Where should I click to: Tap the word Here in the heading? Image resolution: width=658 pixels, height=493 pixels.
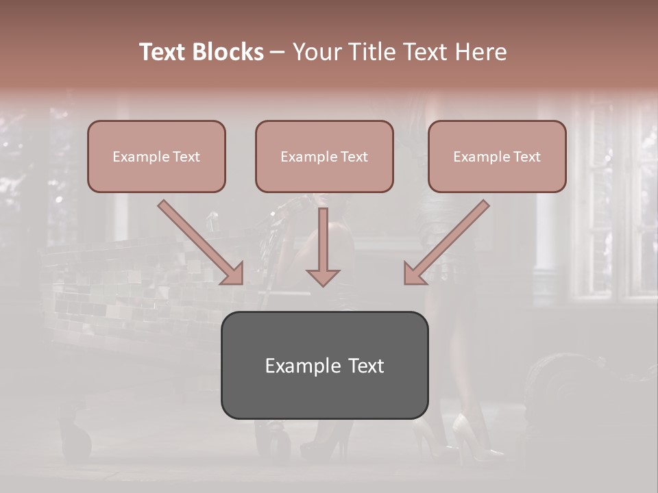(x=480, y=52)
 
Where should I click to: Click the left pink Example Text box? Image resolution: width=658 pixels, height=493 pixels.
(x=156, y=156)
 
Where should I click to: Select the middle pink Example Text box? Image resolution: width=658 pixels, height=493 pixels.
(x=324, y=156)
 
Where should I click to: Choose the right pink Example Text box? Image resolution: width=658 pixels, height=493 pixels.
(x=497, y=156)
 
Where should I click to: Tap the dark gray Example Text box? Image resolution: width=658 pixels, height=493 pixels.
(x=324, y=365)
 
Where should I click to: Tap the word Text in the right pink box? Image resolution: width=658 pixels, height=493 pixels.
(x=526, y=157)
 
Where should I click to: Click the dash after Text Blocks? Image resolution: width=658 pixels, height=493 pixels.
(x=278, y=53)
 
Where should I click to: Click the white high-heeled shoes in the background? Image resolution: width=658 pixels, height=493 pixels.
(x=473, y=438)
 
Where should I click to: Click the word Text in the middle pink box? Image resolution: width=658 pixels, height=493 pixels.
(x=354, y=157)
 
